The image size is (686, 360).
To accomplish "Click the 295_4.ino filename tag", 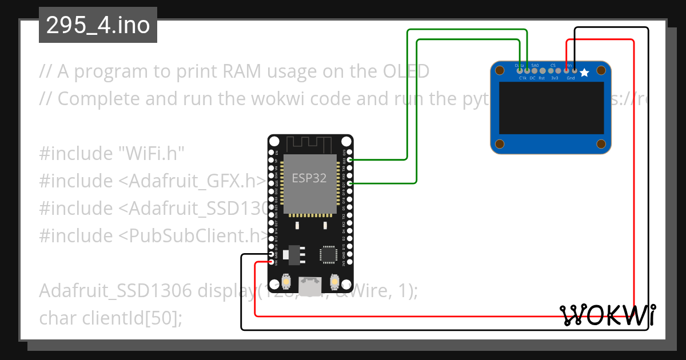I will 98,25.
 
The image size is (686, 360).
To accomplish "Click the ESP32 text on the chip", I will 309,178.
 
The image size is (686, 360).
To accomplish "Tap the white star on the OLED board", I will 584,73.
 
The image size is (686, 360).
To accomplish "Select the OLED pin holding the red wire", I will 567,71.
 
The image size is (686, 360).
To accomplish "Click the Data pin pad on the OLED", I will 519,71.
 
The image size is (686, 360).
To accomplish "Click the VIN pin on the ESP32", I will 271,262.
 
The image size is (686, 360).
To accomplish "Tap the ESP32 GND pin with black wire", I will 271,255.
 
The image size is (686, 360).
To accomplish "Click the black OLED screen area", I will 551,108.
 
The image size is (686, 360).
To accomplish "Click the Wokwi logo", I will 607,314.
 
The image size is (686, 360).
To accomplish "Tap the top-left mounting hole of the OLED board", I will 500,71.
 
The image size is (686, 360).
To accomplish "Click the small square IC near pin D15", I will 329,255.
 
